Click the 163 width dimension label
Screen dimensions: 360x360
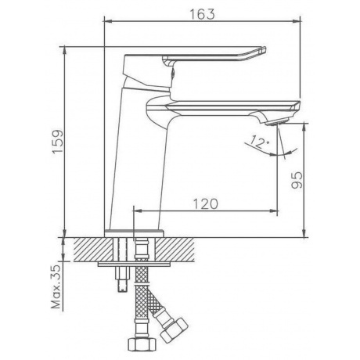click(x=202, y=14)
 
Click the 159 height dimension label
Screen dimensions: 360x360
click(x=58, y=142)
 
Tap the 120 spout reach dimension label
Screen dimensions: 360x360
click(x=205, y=203)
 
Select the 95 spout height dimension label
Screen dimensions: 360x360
click(x=297, y=180)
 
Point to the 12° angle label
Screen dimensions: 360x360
click(x=259, y=142)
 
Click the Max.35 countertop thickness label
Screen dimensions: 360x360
click(x=56, y=286)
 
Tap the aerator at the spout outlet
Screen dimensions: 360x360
click(x=277, y=122)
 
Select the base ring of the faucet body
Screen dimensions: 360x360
click(x=135, y=233)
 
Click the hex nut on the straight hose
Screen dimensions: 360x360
click(x=142, y=344)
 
